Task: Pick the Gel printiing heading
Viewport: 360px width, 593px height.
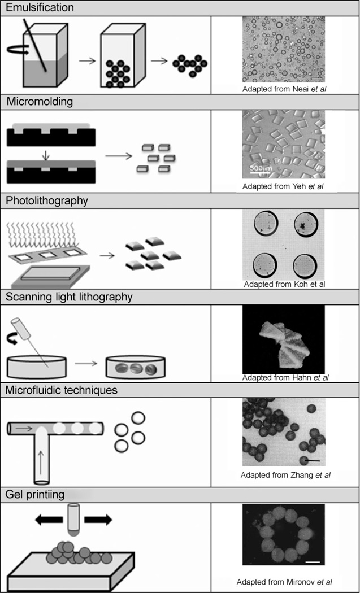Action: click(36, 494)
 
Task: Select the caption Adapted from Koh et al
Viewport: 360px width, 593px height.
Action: click(284, 284)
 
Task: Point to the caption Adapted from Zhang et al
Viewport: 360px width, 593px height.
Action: click(285, 475)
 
